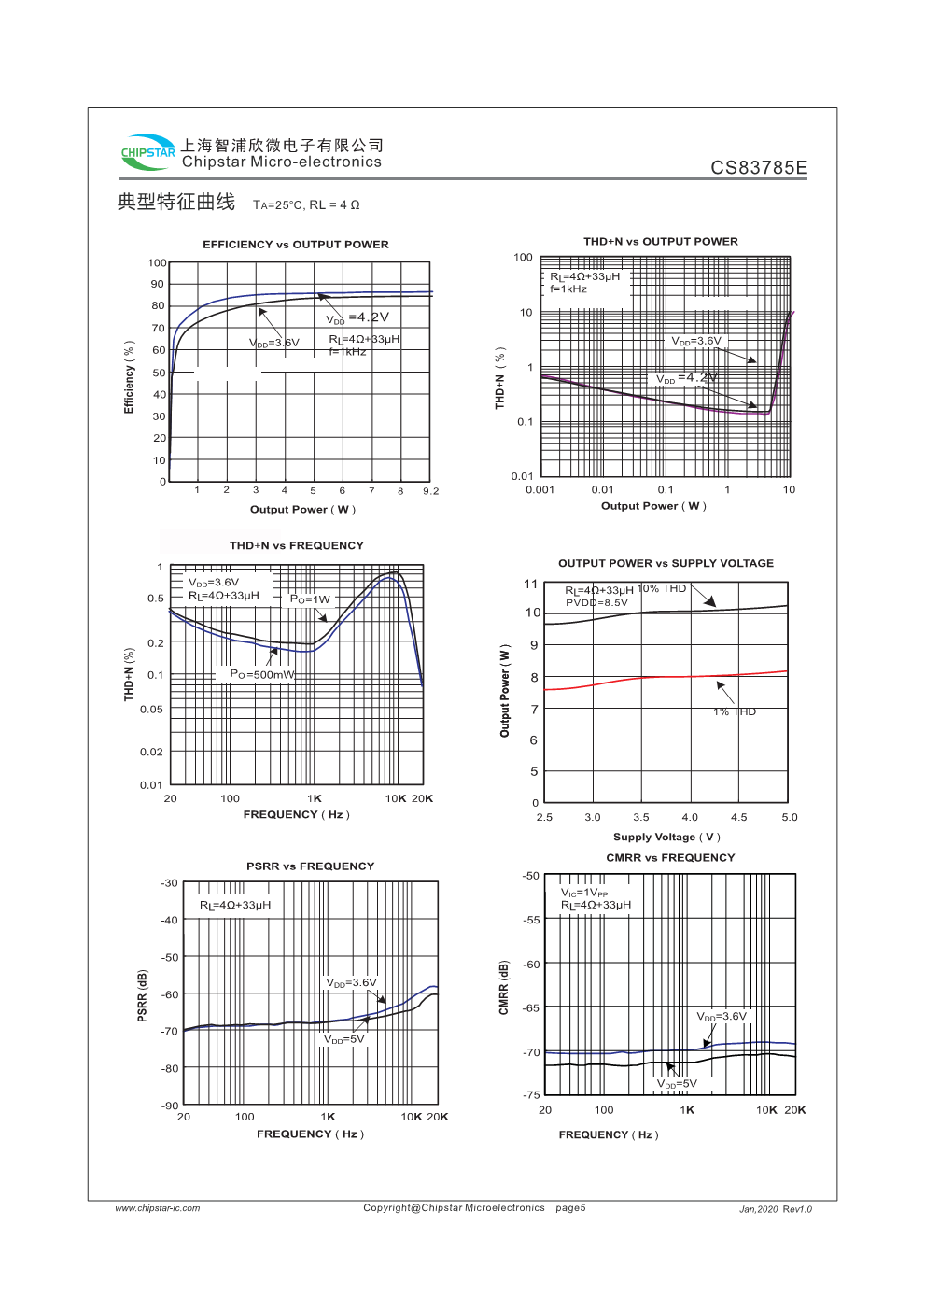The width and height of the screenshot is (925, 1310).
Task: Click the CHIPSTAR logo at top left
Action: [147, 152]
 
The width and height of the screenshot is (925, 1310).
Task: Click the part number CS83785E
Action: [759, 168]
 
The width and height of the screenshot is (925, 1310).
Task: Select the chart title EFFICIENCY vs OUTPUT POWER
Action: [296, 245]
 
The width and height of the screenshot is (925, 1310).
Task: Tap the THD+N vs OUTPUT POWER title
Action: [660, 242]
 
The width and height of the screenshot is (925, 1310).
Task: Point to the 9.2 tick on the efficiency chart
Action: [430, 491]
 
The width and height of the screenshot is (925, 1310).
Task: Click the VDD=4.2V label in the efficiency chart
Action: [357, 318]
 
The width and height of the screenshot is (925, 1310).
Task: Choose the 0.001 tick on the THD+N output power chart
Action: [540, 489]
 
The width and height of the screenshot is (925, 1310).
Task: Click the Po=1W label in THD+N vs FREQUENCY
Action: [310, 599]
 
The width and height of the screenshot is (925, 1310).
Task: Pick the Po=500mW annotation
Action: [261, 674]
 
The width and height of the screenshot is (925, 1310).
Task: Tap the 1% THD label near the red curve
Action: [735, 711]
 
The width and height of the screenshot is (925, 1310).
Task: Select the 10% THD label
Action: [662, 588]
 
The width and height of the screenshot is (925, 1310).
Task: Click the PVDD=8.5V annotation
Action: [596, 602]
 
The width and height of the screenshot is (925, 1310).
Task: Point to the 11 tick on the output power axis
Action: [531, 585]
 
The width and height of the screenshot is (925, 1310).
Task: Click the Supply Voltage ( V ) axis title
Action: [666, 837]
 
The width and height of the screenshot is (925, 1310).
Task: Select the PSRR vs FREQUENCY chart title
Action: [310, 866]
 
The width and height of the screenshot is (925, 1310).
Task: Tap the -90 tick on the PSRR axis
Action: [169, 1106]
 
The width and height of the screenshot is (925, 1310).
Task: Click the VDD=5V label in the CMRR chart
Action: [677, 1084]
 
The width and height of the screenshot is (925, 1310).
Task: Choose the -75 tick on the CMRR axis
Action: [531, 1094]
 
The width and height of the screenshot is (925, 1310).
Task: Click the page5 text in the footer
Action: [570, 1208]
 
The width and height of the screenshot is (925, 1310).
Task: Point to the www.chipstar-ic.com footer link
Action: [158, 1208]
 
